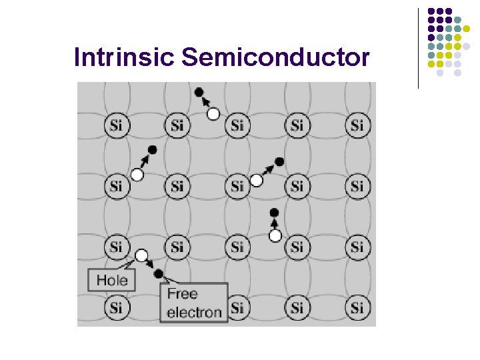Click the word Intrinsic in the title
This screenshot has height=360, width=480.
pyautogui.click(x=125, y=57)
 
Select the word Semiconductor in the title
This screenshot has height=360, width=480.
pyautogui.click(x=275, y=57)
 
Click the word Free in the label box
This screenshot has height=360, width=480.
pyautogui.click(x=182, y=293)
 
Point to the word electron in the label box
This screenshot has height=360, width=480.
pyautogui.click(x=194, y=311)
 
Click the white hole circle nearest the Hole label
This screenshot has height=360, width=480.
pyautogui.click(x=141, y=255)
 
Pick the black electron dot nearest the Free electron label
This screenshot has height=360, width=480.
pyautogui.click(x=158, y=273)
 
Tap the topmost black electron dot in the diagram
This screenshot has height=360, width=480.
pyautogui.click(x=199, y=91)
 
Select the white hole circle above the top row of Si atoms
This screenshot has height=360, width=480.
pyautogui.click(x=213, y=114)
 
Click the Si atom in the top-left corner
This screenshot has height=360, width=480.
pyautogui.click(x=117, y=125)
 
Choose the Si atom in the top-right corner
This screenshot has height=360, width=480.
pyautogui.click(x=357, y=125)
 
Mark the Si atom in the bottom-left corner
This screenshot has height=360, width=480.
pyautogui.click(x=117, y=307)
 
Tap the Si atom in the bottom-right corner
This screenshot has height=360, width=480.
pyautogui.click(x=357, y=307)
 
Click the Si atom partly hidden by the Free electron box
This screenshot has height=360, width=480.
pyautogui.click(x=238, y=307)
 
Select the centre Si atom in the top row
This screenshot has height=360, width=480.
pyautogui.click(x=237, y=125)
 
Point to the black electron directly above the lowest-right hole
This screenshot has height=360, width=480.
pyautogui.click(x=274, y=213)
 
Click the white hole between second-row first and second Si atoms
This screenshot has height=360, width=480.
pyautogui.click(x=137, y=175)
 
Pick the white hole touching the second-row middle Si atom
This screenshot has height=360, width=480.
pyautogui.click(x=256, y=180)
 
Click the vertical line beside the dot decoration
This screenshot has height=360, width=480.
pyautogui.click(x=419, y=48)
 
